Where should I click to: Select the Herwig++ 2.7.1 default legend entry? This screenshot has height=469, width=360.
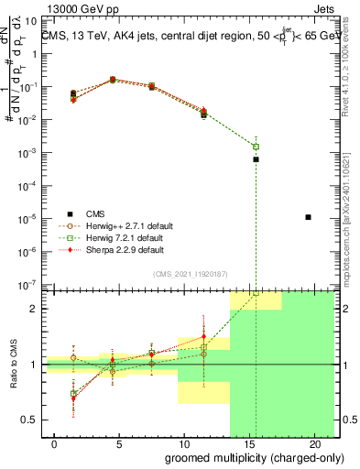115,226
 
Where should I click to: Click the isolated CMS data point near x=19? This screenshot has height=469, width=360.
309,217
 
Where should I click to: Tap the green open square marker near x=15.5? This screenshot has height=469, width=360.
256,147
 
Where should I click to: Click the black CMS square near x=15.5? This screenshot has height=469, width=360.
256,159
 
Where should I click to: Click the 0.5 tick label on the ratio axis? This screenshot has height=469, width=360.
29,420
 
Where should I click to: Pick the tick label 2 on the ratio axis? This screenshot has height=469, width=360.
34,309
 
